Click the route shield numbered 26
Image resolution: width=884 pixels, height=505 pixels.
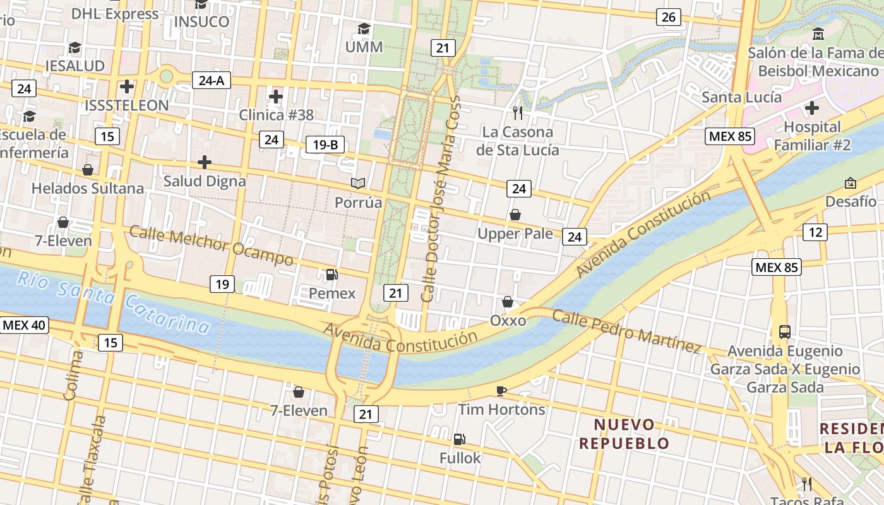click(x=668, y=17)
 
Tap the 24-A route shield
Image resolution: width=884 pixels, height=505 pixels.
click(x=211, y=80)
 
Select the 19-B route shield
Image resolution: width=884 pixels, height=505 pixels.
click(x=325, y=145)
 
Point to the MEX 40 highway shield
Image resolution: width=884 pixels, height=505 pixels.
click(x=25, y=325)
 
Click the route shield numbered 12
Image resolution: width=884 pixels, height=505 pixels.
click(x=815, y=232)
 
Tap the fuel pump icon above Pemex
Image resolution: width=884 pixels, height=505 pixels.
click(x=331, y=275)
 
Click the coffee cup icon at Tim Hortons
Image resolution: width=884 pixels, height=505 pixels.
click(x=501, y=391)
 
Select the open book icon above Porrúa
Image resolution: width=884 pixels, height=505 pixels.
click(x=358, y=183)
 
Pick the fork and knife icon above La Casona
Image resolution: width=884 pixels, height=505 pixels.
click(x=518, y=113)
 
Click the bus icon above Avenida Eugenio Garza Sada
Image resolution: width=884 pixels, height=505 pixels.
click(x=785, y=331)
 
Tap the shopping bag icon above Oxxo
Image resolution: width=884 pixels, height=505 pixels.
click(x=508, y=302)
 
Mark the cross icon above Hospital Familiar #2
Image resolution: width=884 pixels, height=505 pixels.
click(x=812, y=108)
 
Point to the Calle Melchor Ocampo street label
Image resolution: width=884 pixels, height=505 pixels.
click(x=211, y=245)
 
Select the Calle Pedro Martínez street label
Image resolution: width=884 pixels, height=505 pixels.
click(x=626, y=331)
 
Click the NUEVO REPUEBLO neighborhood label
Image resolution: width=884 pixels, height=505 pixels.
click(x=624, y=434)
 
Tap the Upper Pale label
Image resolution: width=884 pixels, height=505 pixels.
click(x=515, y=234)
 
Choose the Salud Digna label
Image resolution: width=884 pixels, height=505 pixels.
click(x=205, y=181)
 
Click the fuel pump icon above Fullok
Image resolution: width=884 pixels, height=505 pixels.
click(x=460, y=439)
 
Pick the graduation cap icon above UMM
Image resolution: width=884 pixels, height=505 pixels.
click(x=364, y=28)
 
